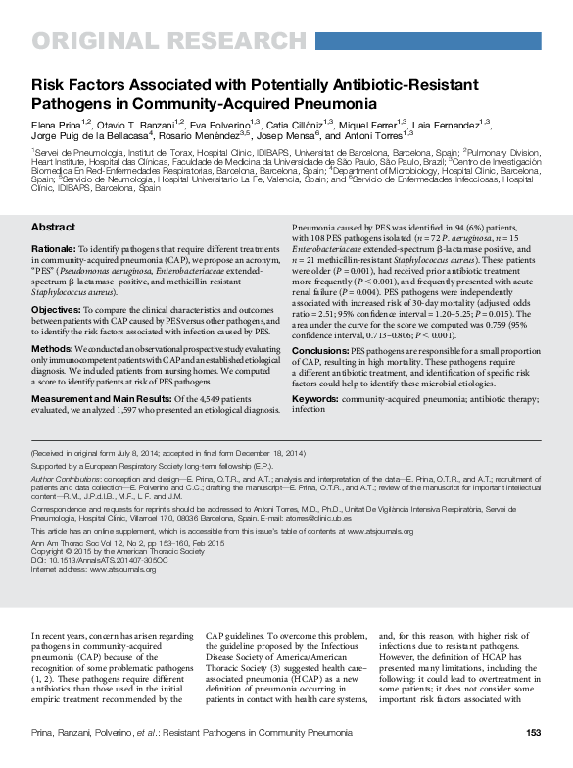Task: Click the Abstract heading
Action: (53, 227)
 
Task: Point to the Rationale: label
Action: (54, 250)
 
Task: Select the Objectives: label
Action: (57, 308)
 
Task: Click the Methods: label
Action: (52, 348)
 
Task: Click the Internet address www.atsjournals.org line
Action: (93, 567)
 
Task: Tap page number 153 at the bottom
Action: (533, 732)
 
